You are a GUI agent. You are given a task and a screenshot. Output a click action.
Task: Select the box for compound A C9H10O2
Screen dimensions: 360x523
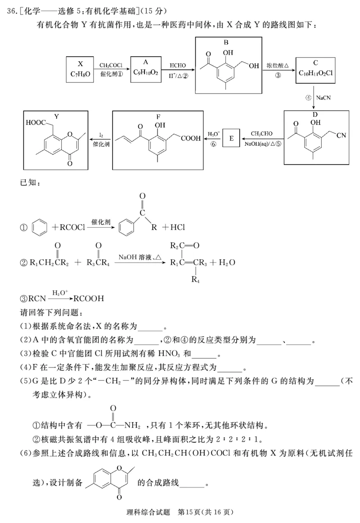pos(146,69)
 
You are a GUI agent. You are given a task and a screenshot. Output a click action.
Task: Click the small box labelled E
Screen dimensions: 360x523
pos(231,139)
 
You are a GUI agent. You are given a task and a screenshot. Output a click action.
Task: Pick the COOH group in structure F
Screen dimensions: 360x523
pos(190,138)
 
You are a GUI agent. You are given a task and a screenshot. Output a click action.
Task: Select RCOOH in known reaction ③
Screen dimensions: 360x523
pos(89,298)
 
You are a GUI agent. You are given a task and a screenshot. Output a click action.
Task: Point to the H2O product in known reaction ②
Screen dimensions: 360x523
pos(226,262)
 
